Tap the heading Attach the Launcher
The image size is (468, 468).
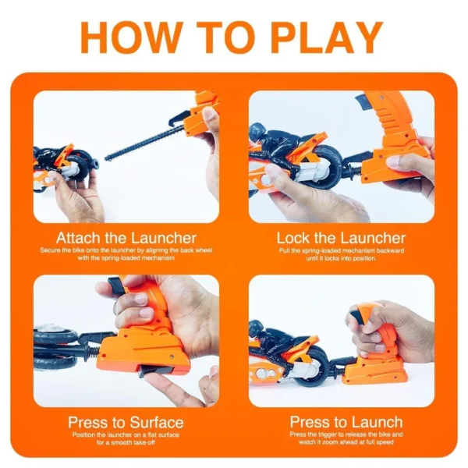[x=126, y=237]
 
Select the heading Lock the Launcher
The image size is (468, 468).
[x=341, y=237]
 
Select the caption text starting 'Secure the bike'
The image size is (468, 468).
[x=126, y=254]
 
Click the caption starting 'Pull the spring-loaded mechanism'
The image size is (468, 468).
[x=341, y=254]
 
